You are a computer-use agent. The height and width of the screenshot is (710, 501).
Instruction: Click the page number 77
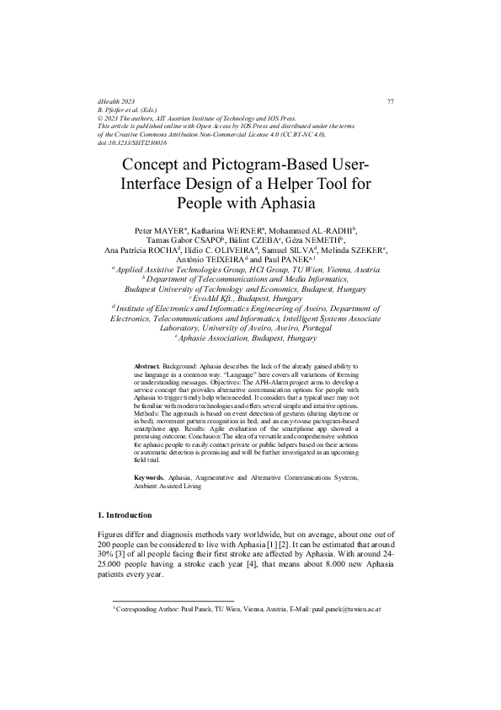coord(391,102)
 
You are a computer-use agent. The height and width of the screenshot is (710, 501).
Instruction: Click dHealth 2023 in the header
coord(117,102)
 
